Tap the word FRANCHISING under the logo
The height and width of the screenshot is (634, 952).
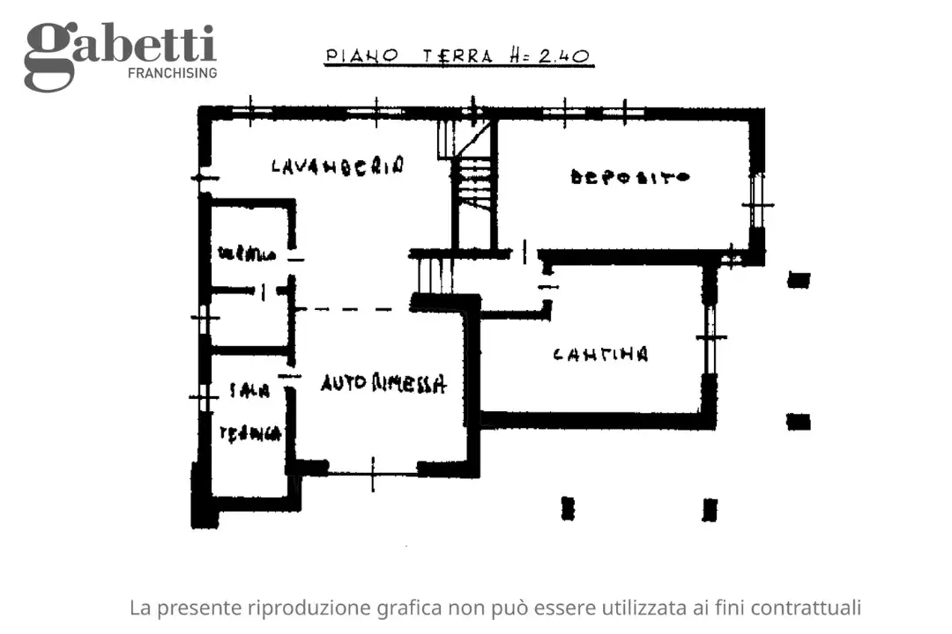point(172,73)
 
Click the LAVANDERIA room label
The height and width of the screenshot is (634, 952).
point(338,165)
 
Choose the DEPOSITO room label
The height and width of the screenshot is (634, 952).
point(630,177)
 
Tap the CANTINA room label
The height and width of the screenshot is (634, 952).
point(600,355)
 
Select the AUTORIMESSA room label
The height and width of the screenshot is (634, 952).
point(383,383)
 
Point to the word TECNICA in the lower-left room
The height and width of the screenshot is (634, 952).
point(250,432)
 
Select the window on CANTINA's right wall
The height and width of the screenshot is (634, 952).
point(709,336)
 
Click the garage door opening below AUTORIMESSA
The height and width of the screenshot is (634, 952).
point(373,468)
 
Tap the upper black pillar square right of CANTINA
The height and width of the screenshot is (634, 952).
point(799,280)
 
